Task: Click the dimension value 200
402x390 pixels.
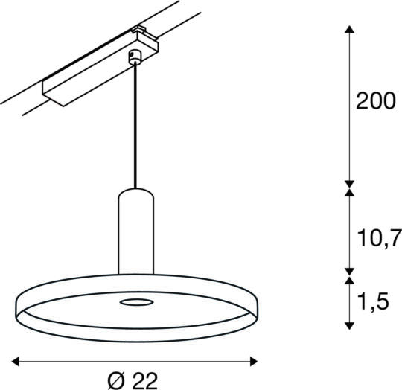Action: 374,102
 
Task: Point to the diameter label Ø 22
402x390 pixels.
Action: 134,380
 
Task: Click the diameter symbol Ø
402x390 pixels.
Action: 115,380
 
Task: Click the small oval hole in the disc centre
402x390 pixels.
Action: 135,301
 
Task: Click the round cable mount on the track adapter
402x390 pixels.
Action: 135,56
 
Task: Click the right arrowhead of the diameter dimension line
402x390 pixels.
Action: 254,362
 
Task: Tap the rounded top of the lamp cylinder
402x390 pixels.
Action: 135,192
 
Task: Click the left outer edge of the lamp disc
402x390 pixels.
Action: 16,307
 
